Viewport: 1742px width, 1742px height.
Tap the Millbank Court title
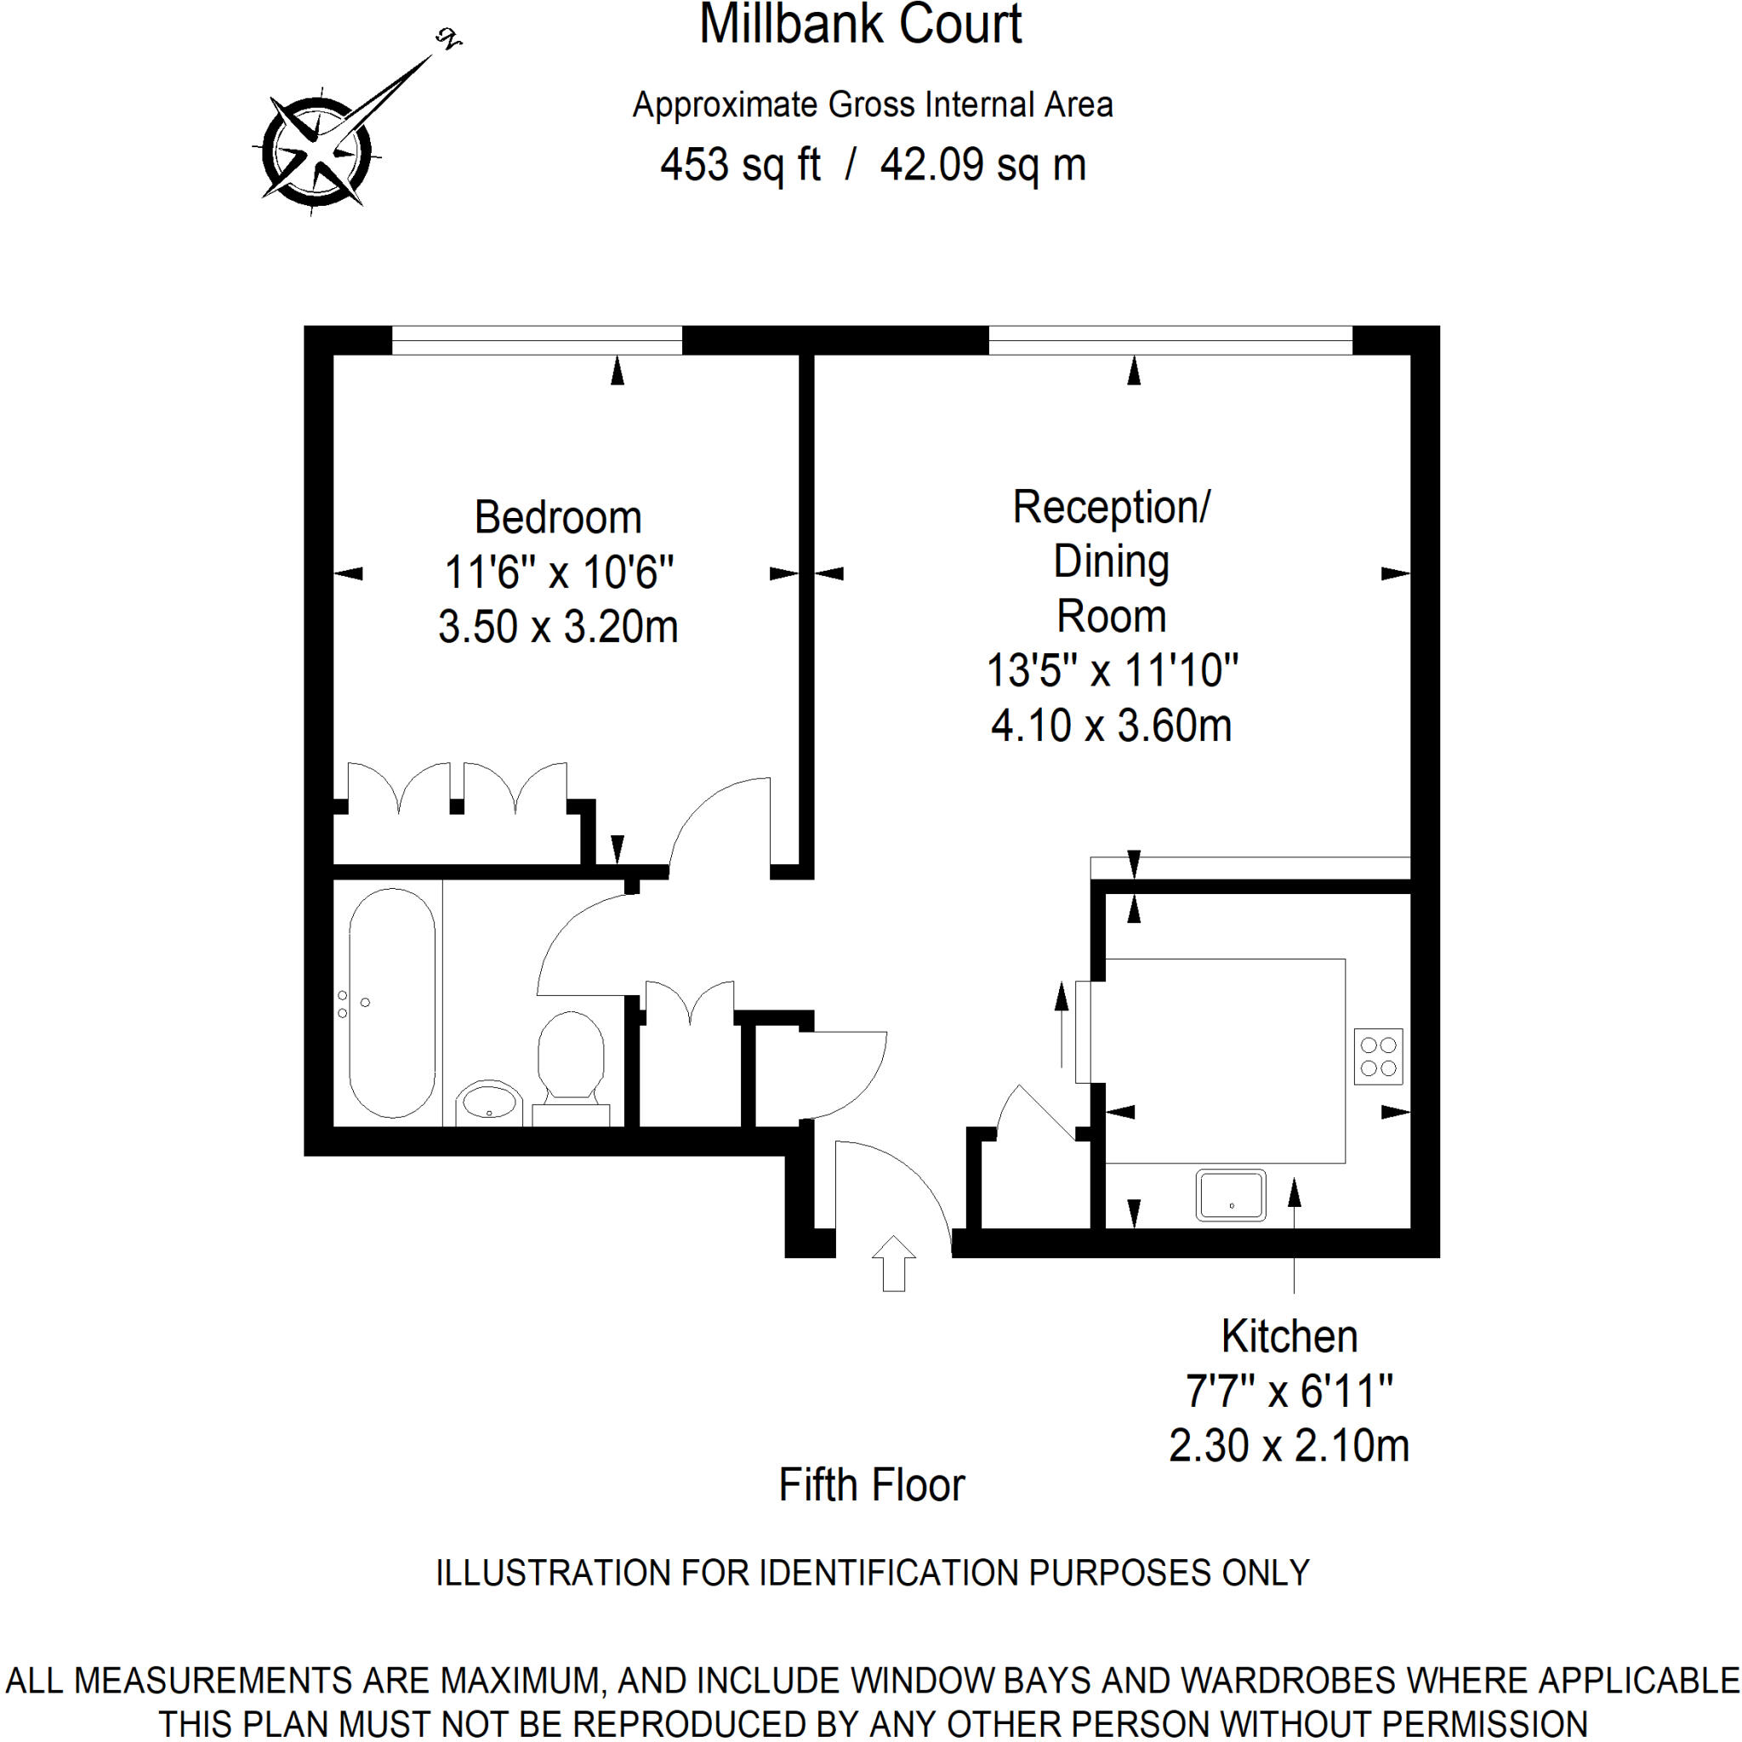tap(860, 25)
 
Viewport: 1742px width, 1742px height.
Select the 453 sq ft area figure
tap(740, 165)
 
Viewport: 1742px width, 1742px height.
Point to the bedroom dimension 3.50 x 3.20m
tap(558, 627)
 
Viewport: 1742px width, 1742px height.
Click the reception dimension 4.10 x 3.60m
tap(1111, 726)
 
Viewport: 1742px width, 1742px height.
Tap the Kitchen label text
tap(1289, 1336)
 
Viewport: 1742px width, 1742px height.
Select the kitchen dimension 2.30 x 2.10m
tap(1289, 1445)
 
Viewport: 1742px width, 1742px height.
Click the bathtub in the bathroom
tap(392, 1003)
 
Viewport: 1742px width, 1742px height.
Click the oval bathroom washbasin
tap(487, 1102)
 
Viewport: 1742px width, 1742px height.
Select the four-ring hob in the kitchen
tap(1379, 1056)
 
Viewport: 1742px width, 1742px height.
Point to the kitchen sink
tap(1231, 1195)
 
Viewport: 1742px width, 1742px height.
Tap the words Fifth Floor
tap(871, 1485)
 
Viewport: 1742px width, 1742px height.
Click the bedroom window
tap(537, 341)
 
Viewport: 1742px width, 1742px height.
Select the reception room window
tap(1170, 341)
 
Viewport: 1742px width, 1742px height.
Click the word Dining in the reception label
tap(1111, 561)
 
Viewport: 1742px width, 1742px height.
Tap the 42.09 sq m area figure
tap(982, 165)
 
